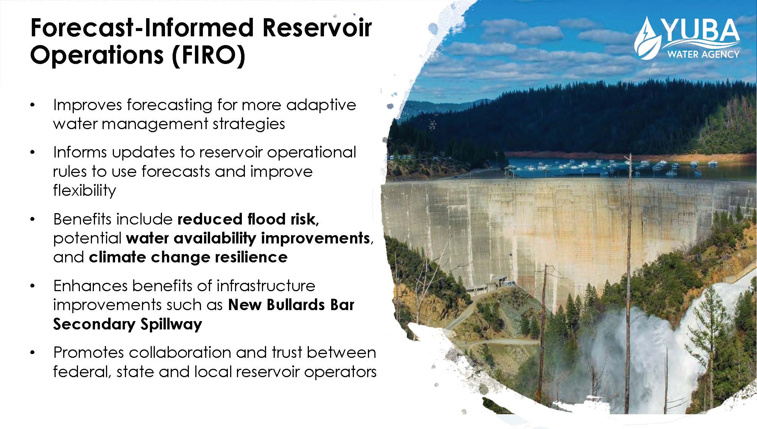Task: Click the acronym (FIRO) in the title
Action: tap(208, 55)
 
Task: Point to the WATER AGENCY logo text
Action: tap(703, 55)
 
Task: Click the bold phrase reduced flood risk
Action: tap(248, 219)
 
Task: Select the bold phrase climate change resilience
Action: tap(188, 257)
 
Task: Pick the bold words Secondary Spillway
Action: tap(128, 324)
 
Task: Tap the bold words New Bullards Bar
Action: tap(291, 305)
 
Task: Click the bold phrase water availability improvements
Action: tap(248, 238)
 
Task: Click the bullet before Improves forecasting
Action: tap(33, 105)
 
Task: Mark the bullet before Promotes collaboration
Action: tap(33, 353)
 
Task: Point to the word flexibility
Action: tap(84, 190)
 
